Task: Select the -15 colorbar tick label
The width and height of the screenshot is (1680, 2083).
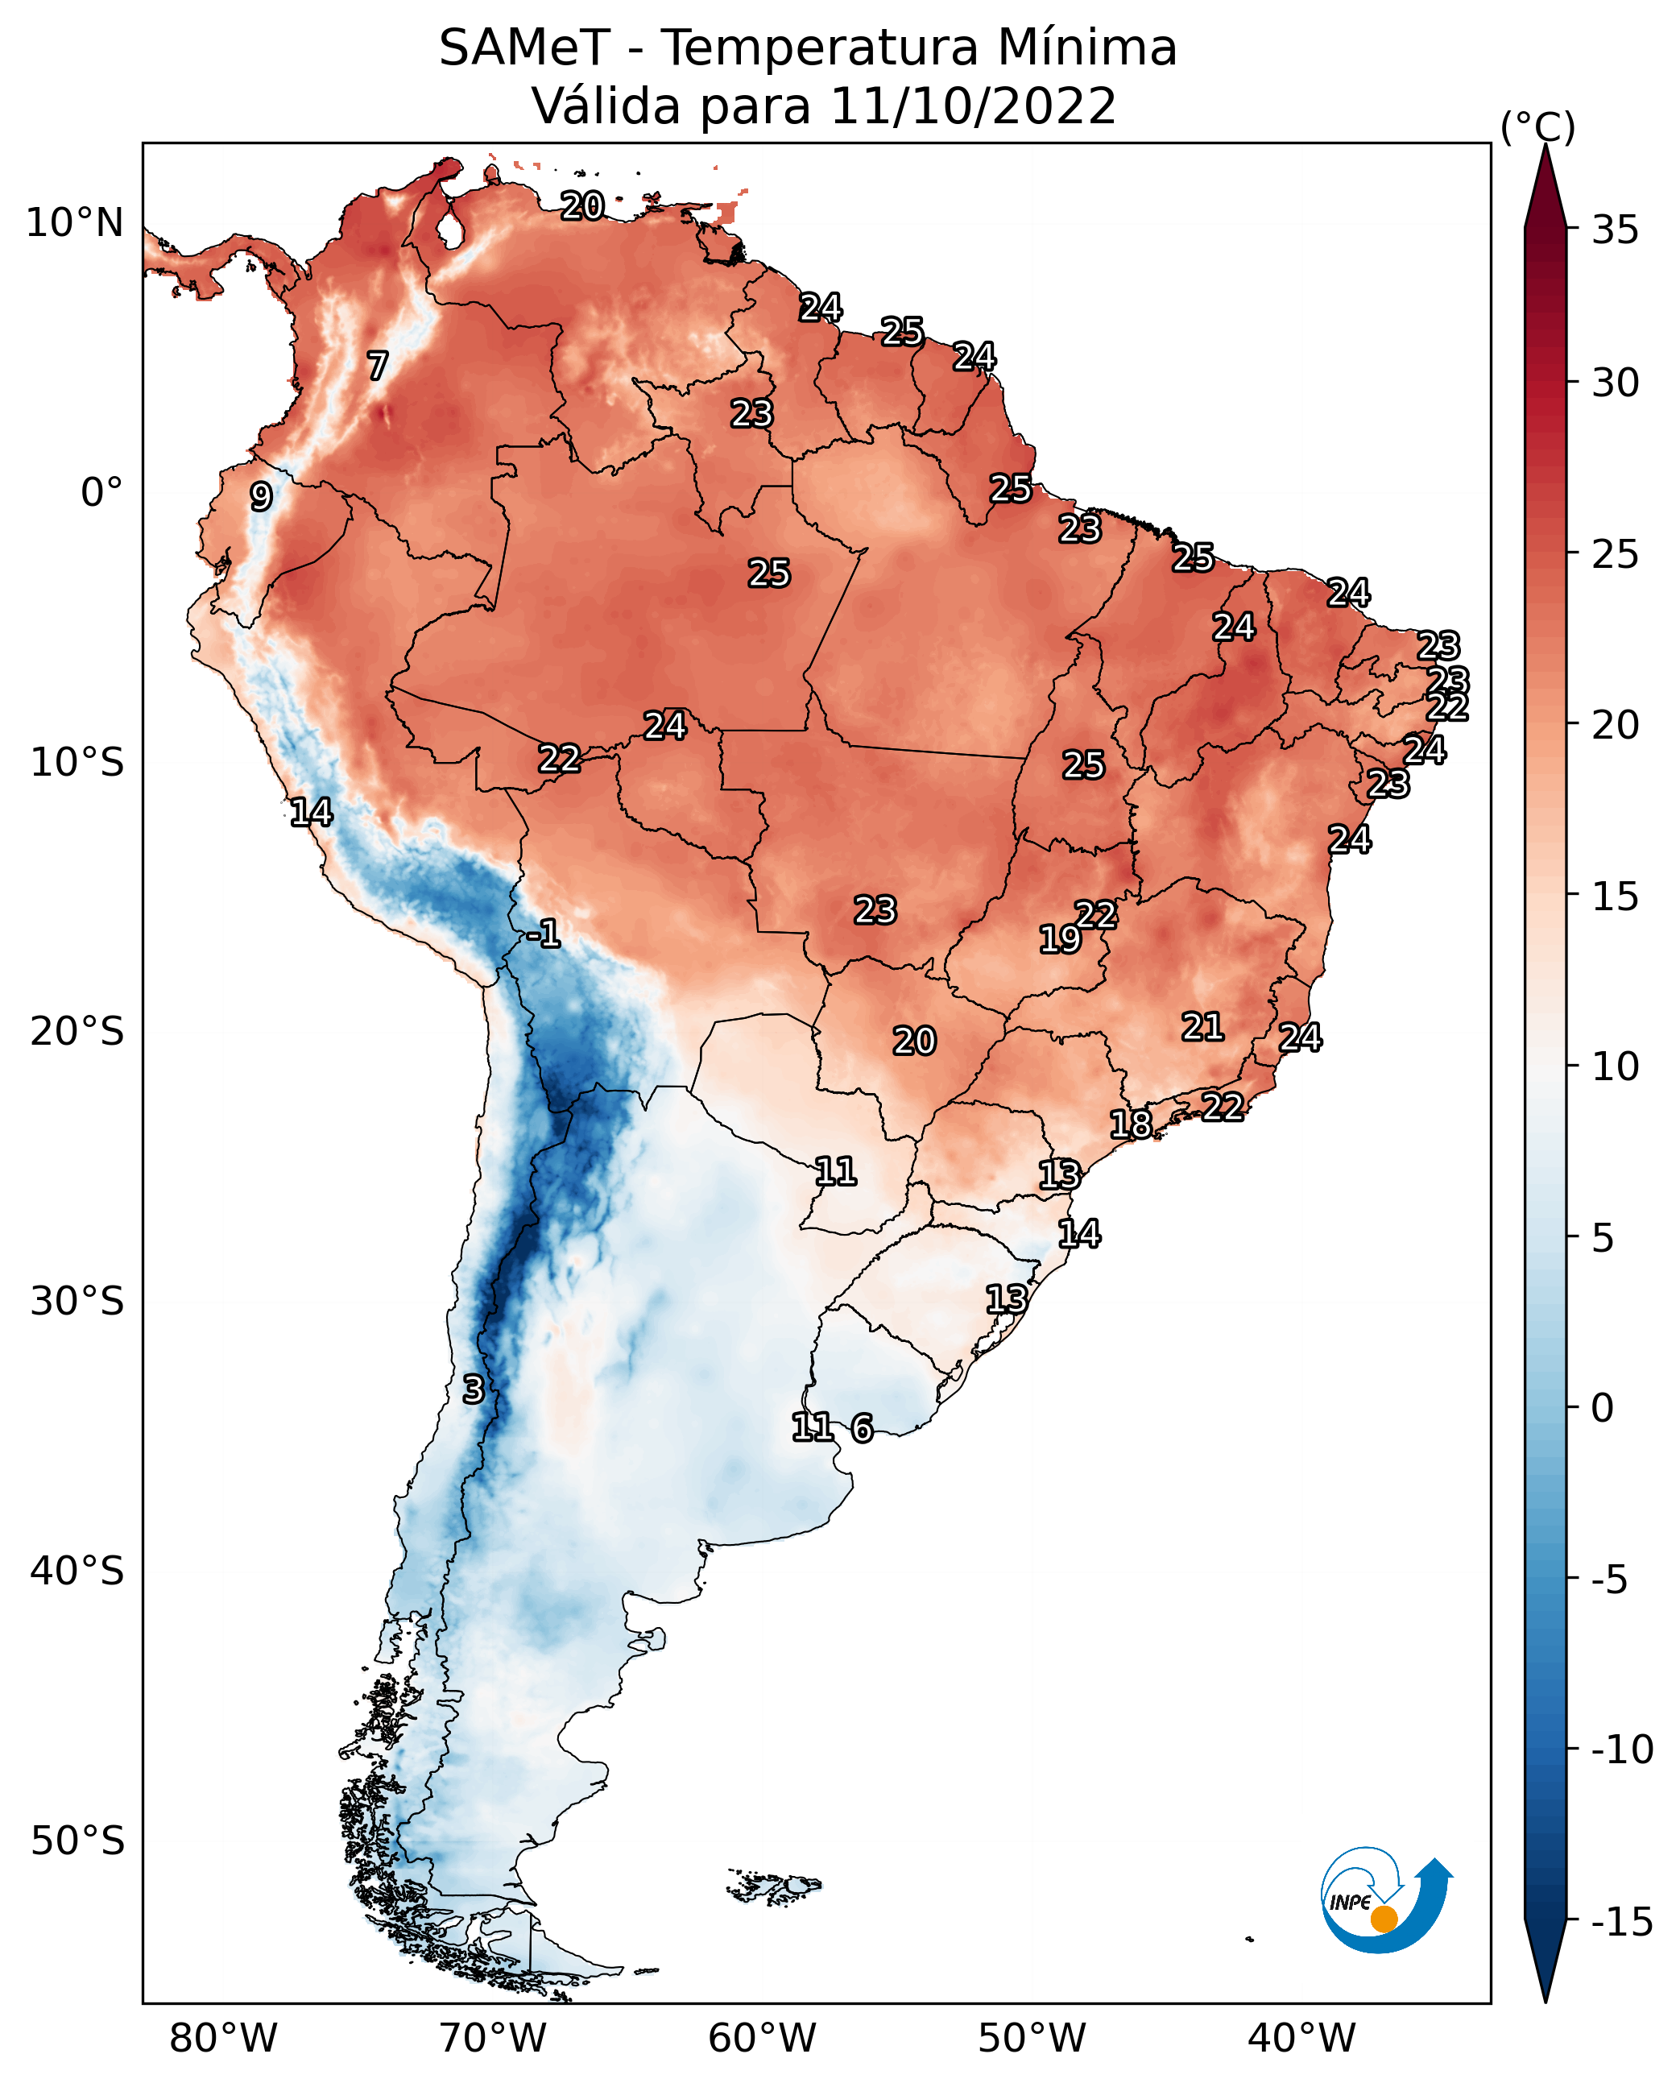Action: (1622, 1921)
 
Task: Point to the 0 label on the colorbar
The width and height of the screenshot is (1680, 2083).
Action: (1603, 1407)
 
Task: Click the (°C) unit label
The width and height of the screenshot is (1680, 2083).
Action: (1537, 126)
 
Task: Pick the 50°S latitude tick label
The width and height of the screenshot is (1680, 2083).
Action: (77, 1840)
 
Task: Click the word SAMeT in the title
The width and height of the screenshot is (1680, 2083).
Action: (524, 48)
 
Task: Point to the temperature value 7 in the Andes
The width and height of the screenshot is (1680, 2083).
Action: (378, 366)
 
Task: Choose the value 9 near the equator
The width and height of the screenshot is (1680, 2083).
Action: (261, 496)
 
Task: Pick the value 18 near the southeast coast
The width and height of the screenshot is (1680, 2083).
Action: (1130, 1124)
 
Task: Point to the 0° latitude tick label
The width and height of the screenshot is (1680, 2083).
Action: (101, 493)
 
